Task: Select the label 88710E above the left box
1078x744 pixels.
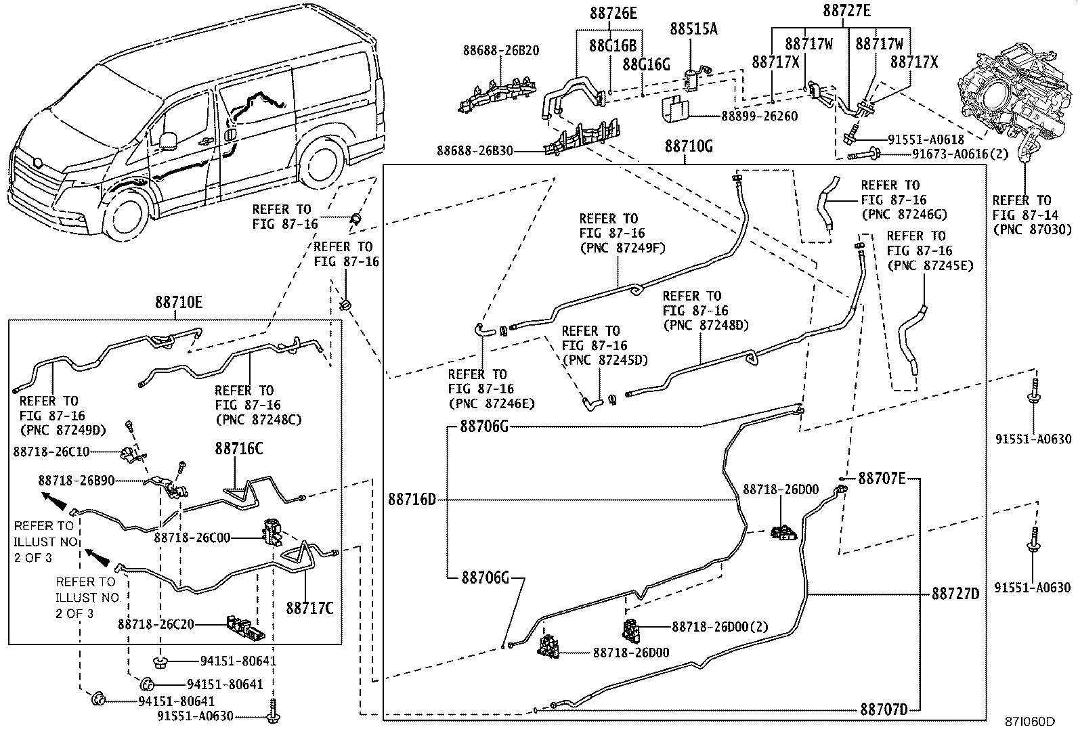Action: point(179,303)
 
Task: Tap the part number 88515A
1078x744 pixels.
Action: point(694,29)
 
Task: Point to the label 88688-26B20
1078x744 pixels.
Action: point(501,51)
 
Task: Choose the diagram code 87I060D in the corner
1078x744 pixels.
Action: point(1029,722)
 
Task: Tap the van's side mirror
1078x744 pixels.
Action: point(168,139)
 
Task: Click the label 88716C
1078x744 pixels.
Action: point(239,448)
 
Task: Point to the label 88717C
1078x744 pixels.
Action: point(310,607)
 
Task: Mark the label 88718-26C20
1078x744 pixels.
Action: point(156,623)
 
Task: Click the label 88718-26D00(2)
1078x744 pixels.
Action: point(720,627)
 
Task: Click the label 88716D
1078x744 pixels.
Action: point(412,500)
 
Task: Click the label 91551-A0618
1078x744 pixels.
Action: point(926,140)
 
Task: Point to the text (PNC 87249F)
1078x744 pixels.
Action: point(622,248)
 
